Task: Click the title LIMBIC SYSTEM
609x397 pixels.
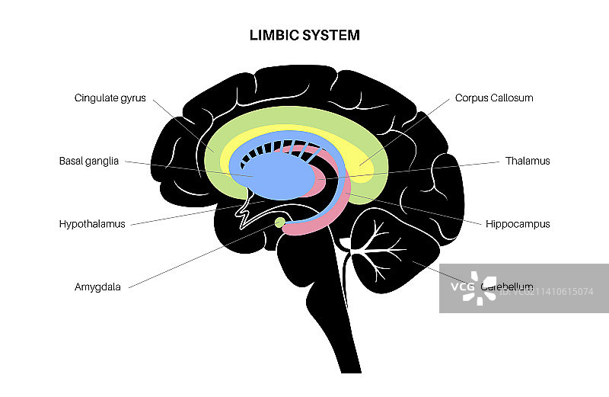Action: coord(304,35)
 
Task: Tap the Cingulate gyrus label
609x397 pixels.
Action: coord(110,98)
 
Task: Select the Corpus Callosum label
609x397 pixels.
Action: coord(494,98)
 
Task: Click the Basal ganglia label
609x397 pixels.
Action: coord(89,161)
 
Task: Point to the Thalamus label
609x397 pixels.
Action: coord(528,161)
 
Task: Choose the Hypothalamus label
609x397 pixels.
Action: coord(91,224)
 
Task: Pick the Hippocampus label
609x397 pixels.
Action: coord(518,224)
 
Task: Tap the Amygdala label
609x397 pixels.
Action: coord(97,287)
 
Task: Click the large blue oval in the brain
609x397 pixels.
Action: coord(282,174)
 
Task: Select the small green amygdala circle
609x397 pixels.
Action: coord(281,222)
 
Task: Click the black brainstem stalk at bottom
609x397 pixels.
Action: coord(346,335)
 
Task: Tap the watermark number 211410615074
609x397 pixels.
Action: coord(548,291)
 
